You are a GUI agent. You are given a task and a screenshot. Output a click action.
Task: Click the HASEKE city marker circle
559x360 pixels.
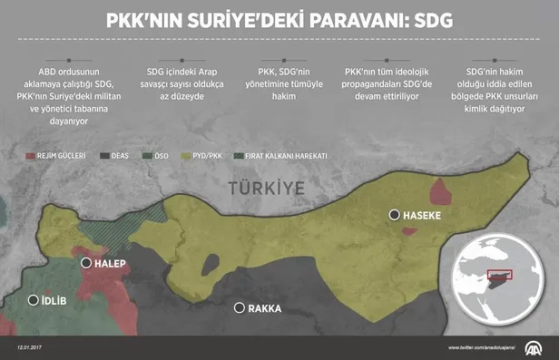point(394,215)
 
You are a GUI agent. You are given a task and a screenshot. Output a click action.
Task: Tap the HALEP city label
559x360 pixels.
point(107,264)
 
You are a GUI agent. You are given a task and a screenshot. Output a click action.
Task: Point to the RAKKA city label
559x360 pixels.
point(265,308)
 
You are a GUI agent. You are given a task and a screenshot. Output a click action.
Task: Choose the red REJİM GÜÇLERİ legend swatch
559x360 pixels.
point(29,156)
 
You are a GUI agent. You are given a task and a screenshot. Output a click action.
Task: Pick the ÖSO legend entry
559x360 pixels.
point(153,156)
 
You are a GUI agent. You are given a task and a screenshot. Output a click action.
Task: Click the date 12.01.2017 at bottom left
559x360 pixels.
point(32,347)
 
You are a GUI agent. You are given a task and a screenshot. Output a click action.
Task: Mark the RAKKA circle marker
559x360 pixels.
point(240,308)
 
